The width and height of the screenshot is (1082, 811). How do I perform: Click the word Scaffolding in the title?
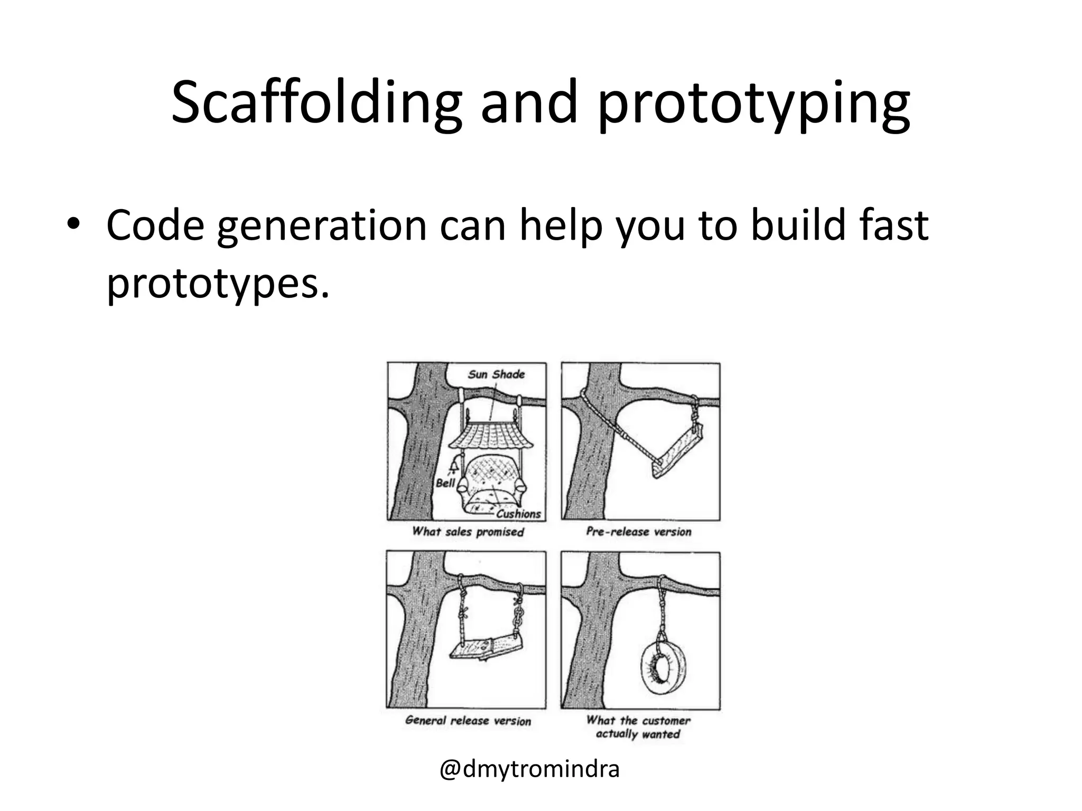pos(316,103)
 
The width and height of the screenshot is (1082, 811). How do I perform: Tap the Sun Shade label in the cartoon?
pos(496,374)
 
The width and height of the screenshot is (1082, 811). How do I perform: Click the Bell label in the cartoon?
pos(445,483)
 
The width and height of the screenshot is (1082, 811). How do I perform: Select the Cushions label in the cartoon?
pos(519,513)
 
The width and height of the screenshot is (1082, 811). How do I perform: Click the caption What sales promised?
pos(468,532)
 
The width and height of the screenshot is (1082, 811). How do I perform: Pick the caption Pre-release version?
pos(638,532)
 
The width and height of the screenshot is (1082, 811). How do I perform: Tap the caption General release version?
pos(468,721)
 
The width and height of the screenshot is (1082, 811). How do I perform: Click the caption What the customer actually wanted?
pos(638,727)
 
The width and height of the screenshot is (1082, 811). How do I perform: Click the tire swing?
pos(664,667)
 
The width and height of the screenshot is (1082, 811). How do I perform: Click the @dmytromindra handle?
pos(529,769)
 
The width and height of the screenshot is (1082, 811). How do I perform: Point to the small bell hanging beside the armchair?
pos(453,465)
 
